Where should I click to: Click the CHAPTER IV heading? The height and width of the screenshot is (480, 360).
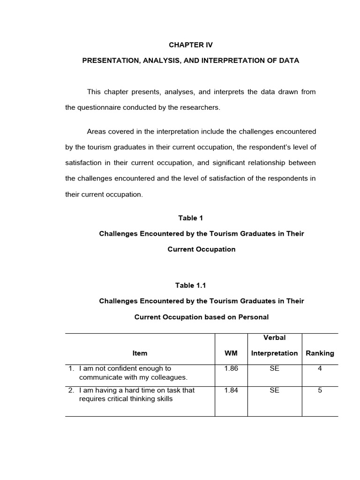coord(190,45)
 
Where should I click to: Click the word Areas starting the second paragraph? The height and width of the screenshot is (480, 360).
coord(97,131)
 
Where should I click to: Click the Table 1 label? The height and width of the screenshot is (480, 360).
coord(190,217)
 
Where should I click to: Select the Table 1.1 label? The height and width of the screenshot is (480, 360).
coord(190,285)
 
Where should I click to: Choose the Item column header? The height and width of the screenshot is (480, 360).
coord(140,353)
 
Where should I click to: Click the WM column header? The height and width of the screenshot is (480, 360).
coord(231,353)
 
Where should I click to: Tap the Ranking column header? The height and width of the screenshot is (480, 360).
coord(320,353)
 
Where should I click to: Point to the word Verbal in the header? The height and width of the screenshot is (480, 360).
coord(274,337)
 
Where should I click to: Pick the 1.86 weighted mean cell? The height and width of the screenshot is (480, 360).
coord(231,369)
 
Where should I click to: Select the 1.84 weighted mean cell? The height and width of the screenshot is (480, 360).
coord(231,390)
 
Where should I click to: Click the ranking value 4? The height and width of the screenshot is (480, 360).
coord(320,369)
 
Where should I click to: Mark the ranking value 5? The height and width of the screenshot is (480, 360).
coord(320,390)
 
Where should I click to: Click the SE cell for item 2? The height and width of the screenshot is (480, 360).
coord(274,390)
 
